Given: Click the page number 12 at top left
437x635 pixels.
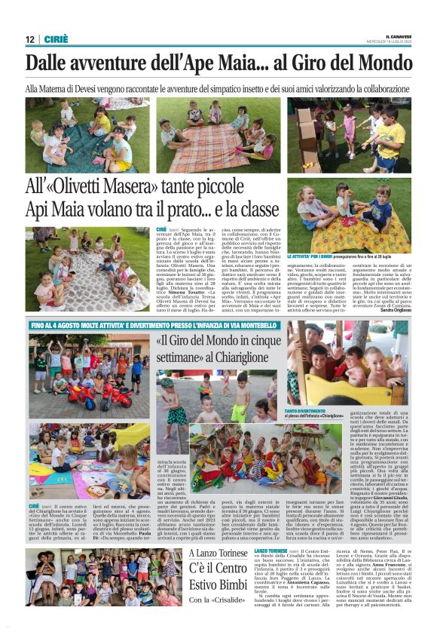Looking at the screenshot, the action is [x=30, y=39].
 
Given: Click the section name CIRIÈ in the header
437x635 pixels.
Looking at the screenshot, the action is [x=57, y=39].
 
